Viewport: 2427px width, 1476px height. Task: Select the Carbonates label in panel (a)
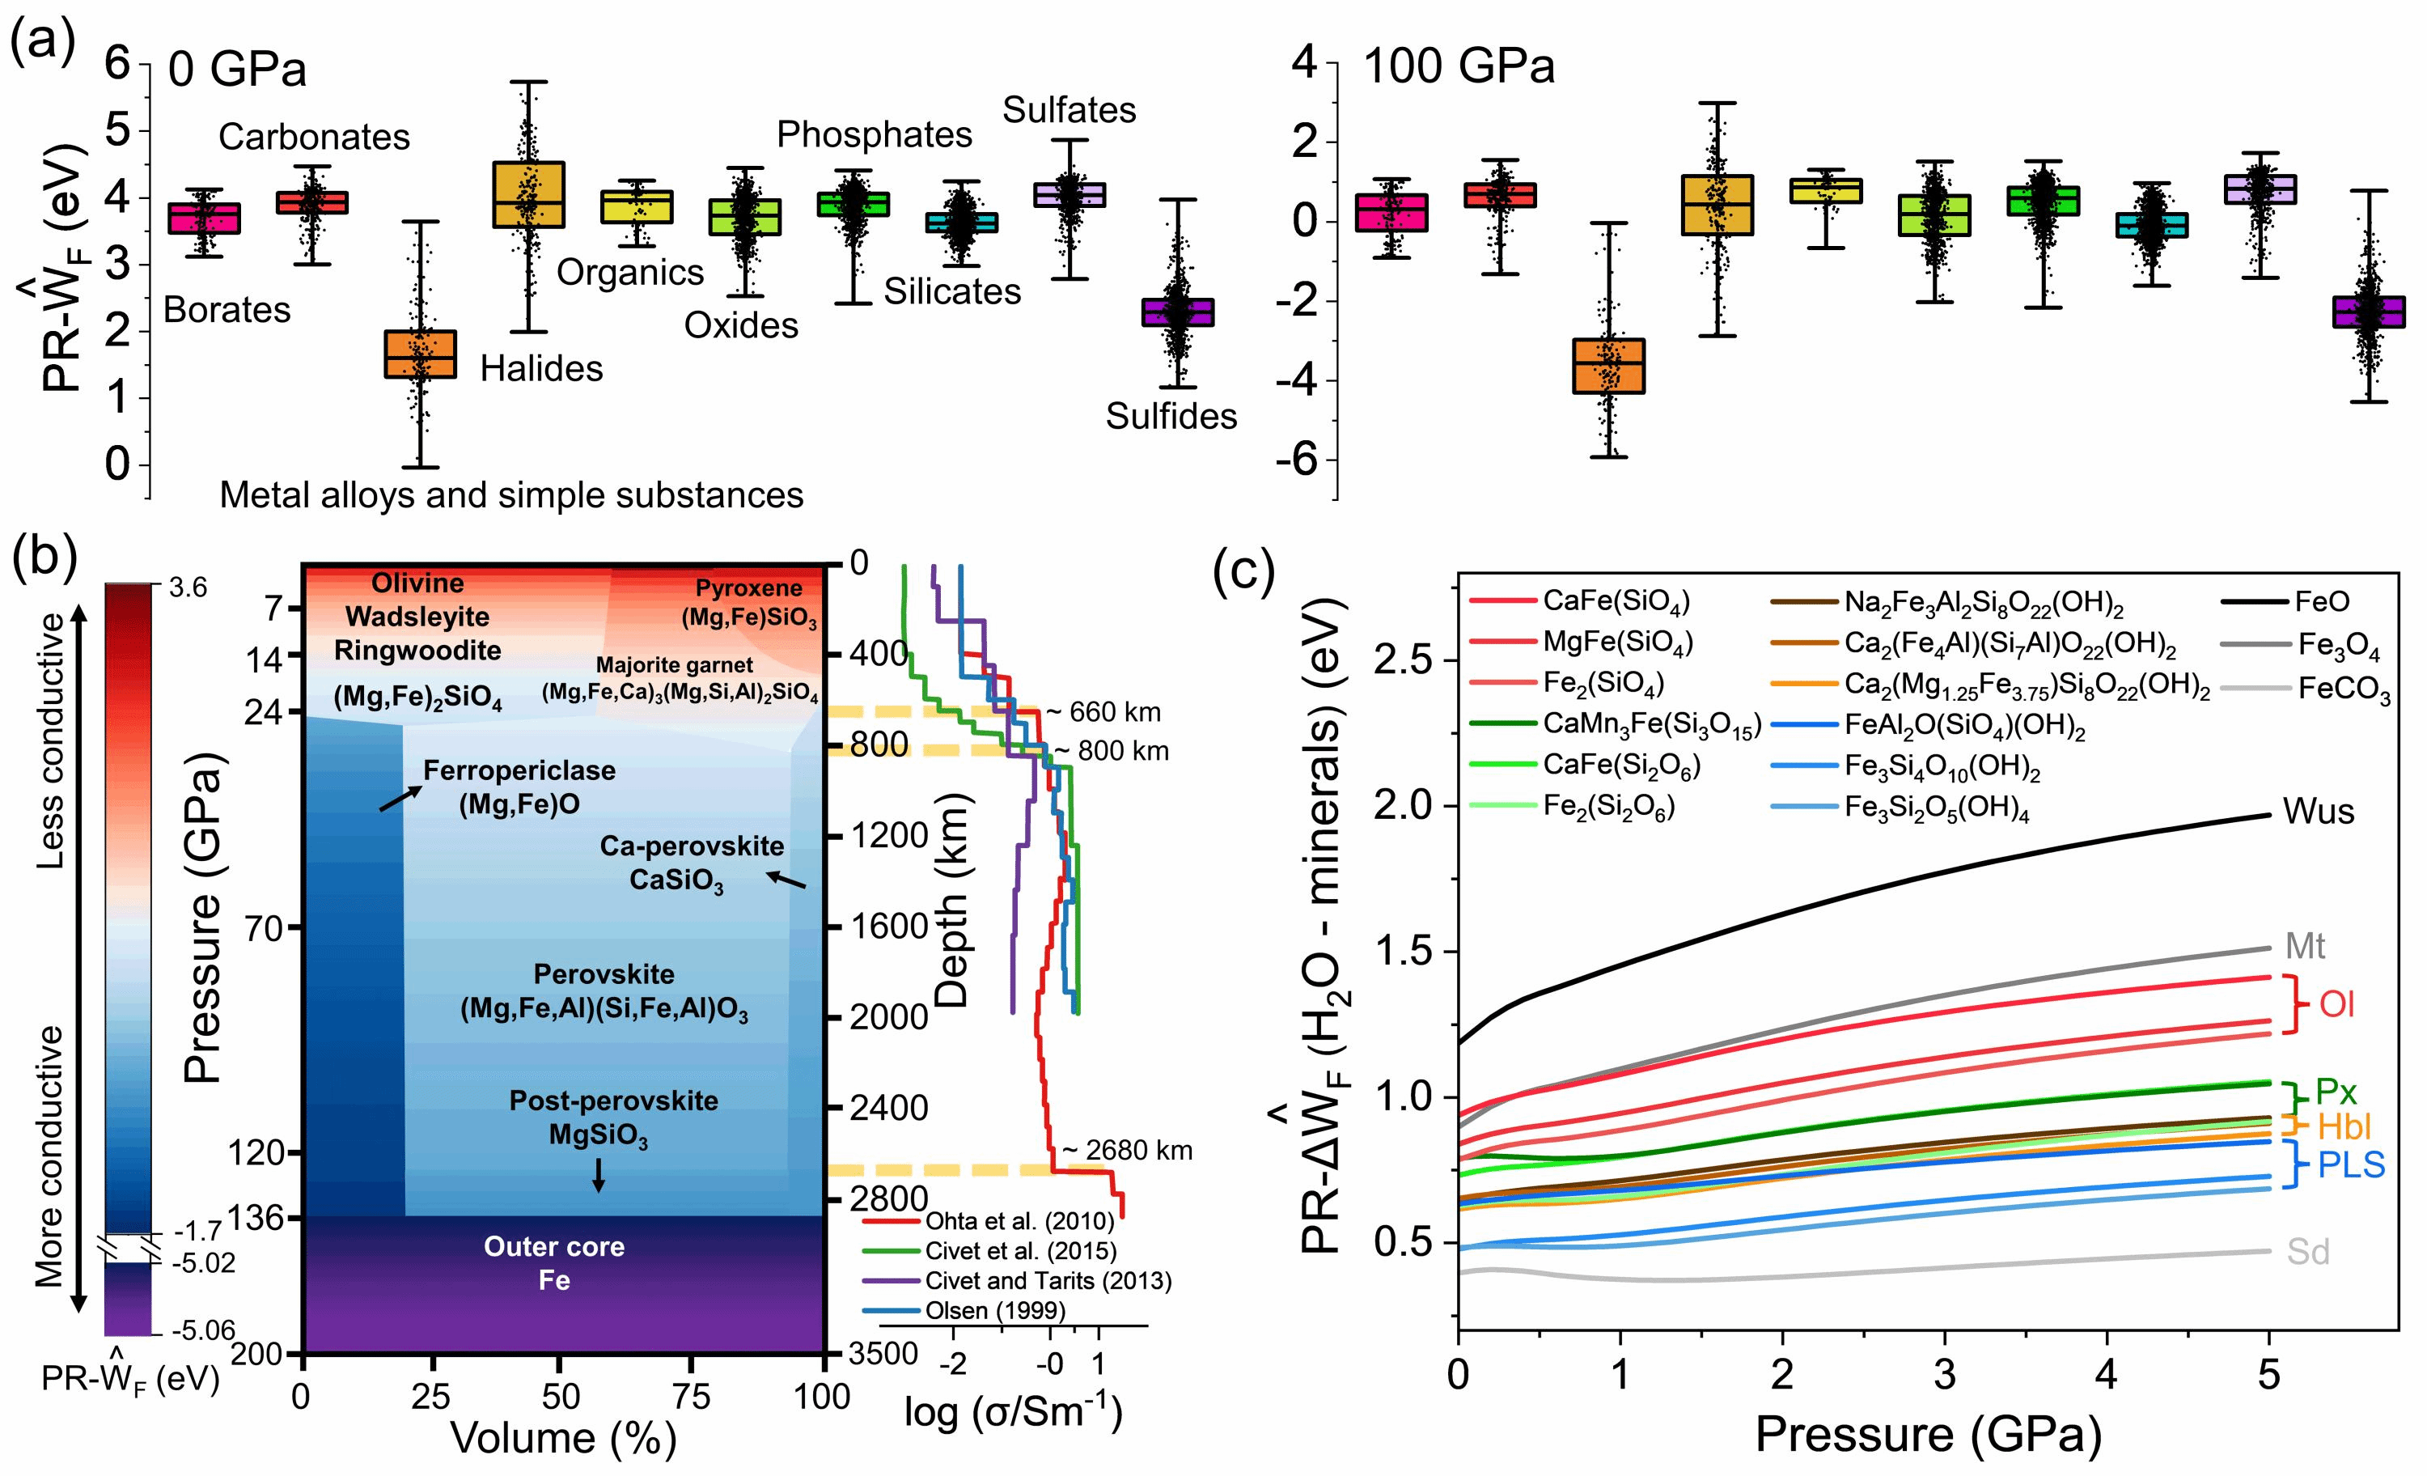point(313,137)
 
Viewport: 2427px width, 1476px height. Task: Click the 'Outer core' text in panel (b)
point(553,1246)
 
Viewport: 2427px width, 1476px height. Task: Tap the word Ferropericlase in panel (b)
point(519,770)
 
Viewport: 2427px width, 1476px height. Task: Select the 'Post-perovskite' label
point(614,1101)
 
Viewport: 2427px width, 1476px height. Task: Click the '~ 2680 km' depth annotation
point(1126,1151)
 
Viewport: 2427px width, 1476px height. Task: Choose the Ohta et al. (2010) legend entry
point(1019,1222)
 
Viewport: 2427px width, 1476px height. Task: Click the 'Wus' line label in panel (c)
point(2319,812)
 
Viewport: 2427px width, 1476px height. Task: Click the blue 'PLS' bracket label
point(2351,1165)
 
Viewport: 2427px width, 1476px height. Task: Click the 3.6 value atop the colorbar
point(188,588)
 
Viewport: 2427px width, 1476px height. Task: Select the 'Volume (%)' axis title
point(563,1439)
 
